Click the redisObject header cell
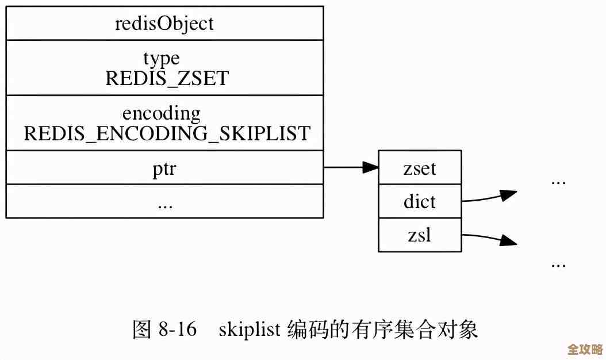point(164,24)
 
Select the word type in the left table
point(162,58)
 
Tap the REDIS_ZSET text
point(167,78)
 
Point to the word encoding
point(162,113)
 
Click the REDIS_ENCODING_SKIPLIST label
point(167,133)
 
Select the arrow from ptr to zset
point(351,168)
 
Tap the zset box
point(420,168)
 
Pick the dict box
point(420,202)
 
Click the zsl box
point(420,235)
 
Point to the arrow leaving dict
point(489,197)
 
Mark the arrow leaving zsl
point(489,238)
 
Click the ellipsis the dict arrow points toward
point(558,182)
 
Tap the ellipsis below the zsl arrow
point(558,265)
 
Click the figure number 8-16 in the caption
point(176,330)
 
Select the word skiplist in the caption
point(250,330)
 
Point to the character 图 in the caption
point(142,330)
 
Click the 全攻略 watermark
point(584,349)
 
